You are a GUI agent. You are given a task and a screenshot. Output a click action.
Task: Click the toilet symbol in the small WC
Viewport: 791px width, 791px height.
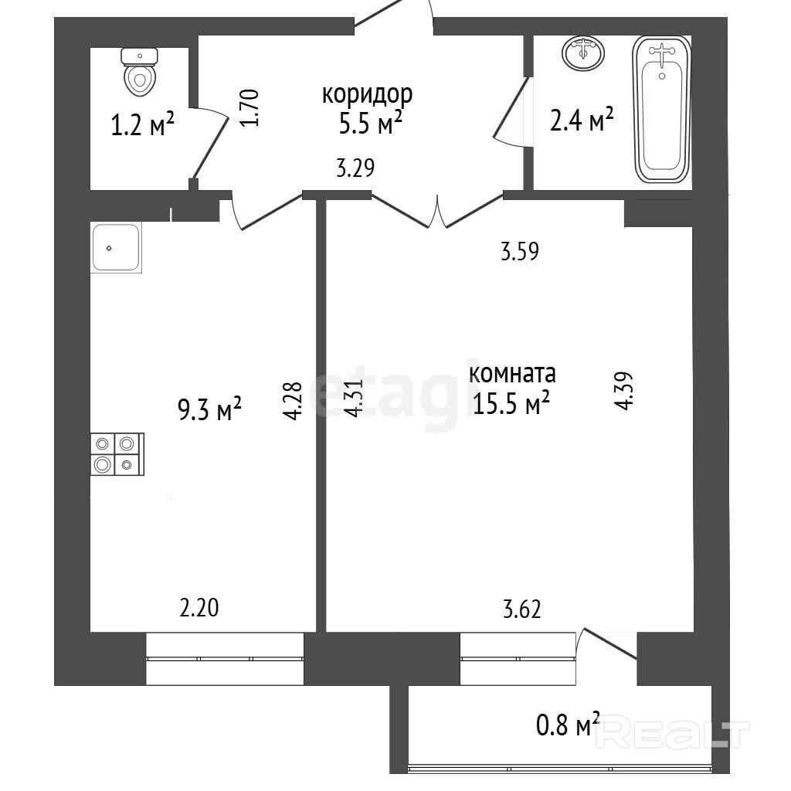140,72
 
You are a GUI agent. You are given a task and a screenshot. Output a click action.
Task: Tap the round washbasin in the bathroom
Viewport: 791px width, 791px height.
583,53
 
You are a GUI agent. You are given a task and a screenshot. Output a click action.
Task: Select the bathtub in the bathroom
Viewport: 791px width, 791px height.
662,109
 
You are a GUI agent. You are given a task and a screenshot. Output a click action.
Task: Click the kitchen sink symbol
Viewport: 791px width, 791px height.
116,247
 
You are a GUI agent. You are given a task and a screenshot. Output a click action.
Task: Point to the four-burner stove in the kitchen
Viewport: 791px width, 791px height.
117,454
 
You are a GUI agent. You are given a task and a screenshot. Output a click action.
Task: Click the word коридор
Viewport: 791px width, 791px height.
367,94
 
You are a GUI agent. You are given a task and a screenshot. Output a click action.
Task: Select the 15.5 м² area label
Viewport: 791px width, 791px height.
511,403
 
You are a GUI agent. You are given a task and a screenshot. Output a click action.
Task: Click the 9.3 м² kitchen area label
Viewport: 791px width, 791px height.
209,409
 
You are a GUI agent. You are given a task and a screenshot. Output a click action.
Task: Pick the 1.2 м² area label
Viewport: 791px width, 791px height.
142,124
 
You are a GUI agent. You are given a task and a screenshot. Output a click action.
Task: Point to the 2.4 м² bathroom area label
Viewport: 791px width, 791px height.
581,120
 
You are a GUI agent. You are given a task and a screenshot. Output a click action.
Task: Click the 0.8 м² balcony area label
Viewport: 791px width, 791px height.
568,725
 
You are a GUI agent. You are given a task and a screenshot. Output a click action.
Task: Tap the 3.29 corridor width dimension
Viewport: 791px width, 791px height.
355,168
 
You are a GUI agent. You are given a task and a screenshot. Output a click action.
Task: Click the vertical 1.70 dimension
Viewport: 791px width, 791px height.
250,107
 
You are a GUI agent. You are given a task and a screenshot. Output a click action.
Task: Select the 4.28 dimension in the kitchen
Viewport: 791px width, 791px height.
293,401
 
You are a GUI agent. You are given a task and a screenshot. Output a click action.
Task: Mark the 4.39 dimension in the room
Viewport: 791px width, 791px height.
623,391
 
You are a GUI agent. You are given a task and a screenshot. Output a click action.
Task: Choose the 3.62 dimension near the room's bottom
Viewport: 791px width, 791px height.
522,609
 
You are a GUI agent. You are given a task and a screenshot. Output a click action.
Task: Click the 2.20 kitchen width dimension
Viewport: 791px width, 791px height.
199,608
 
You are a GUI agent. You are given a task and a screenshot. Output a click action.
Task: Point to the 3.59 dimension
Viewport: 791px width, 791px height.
520,251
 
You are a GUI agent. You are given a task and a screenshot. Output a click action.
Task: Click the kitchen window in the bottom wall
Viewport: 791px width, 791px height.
225,658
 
